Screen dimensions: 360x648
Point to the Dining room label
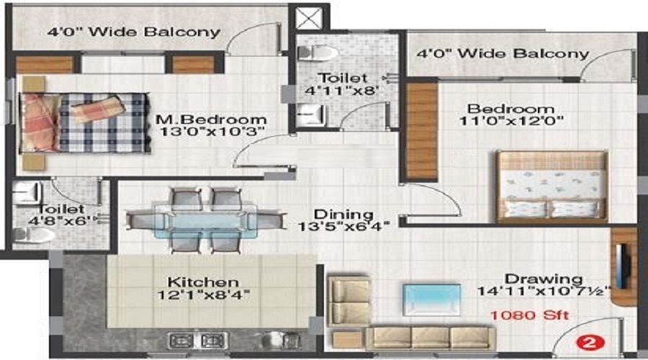(343, 215)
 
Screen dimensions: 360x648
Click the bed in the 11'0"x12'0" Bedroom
(551, 186)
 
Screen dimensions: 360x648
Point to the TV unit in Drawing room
(624, 267)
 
